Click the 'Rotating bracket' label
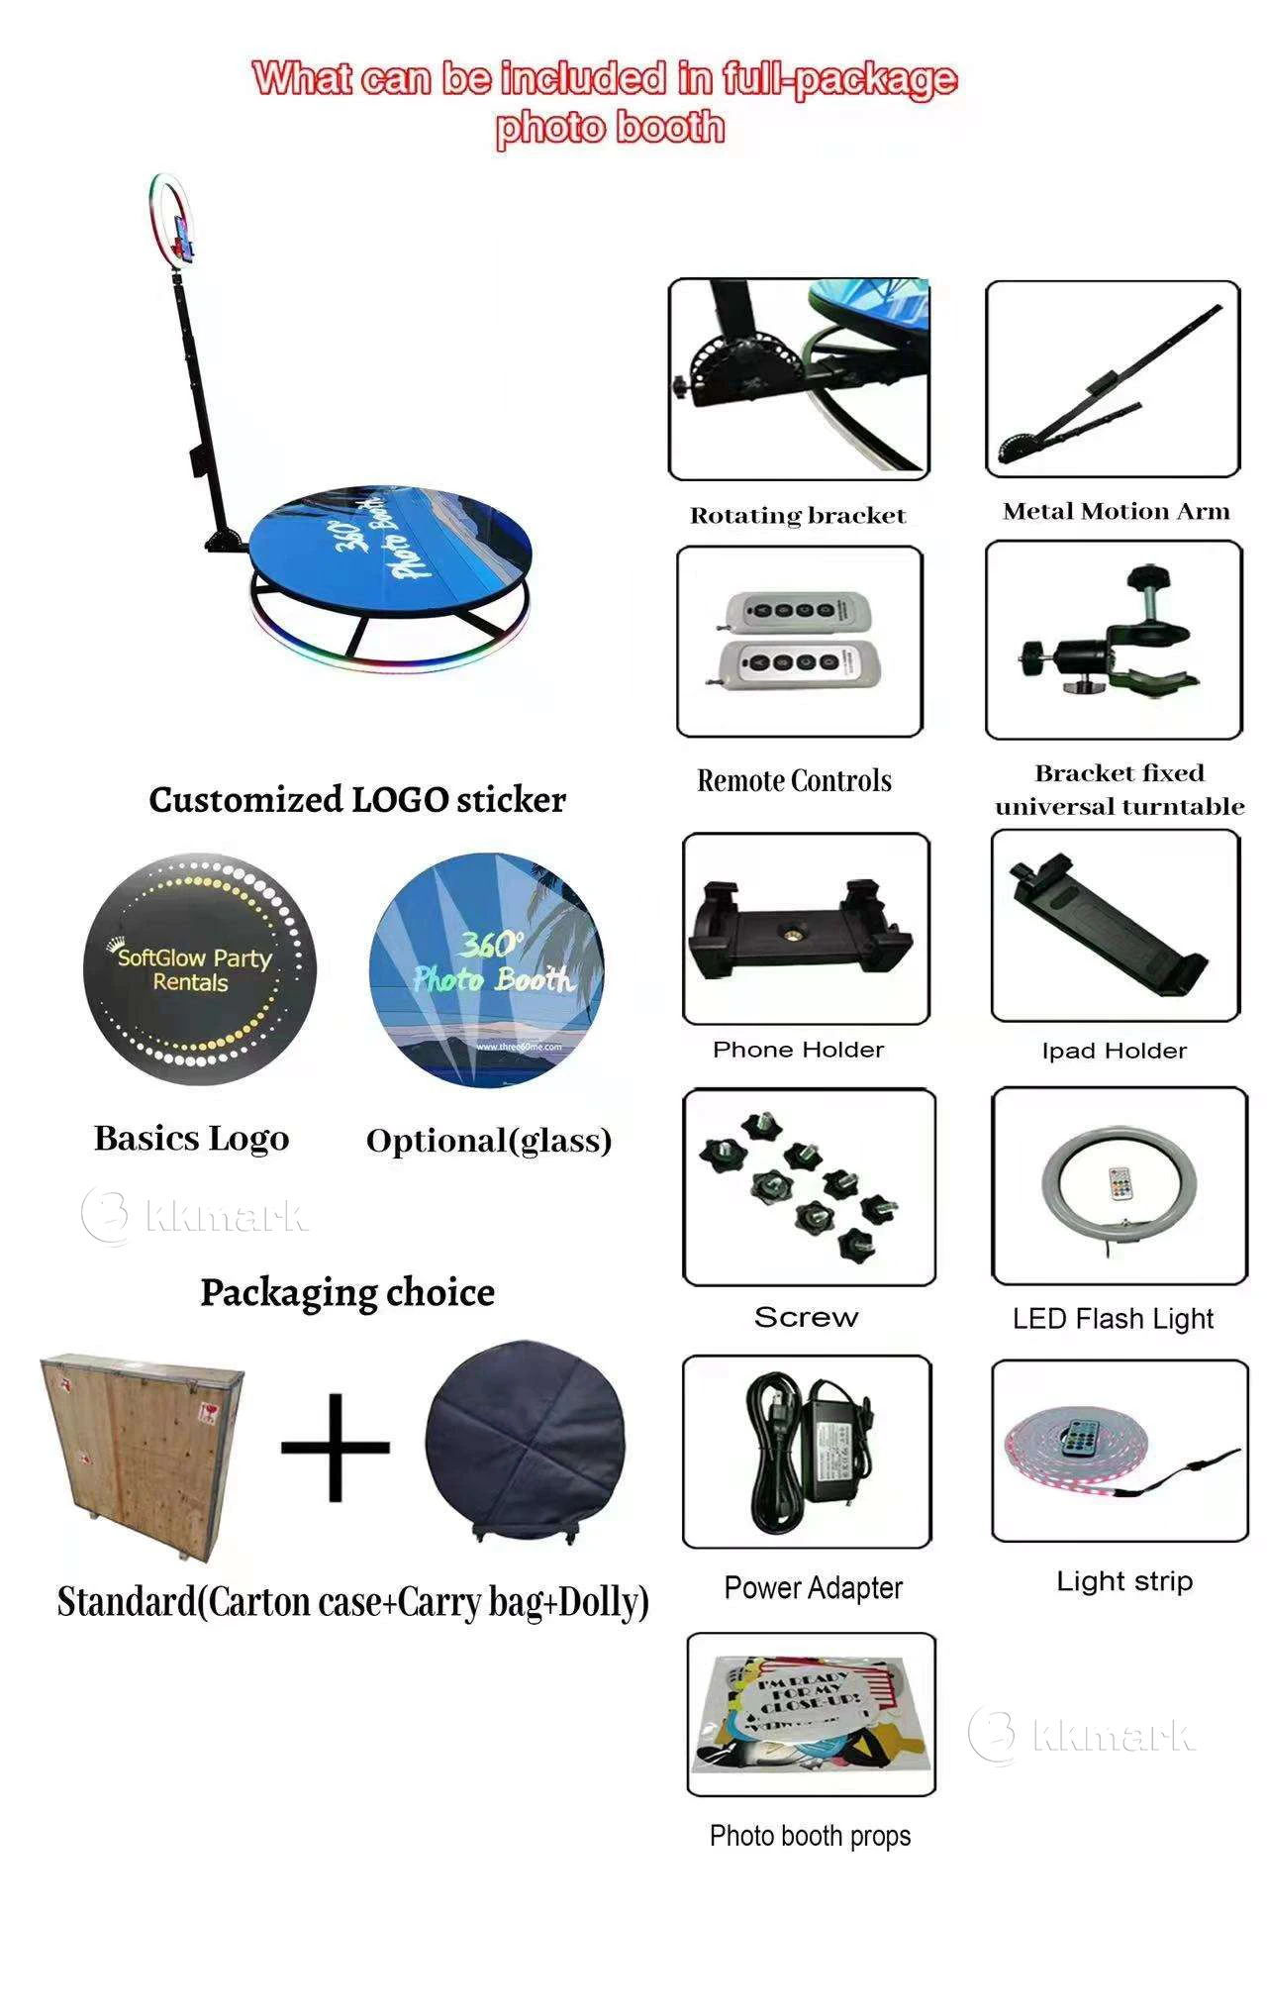point(798,515)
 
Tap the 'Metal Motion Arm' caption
point(1116,511)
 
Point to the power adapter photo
point(807,1451)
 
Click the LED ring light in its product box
point(1118,1186)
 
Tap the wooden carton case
point(143,1451)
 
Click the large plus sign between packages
point(336,1447)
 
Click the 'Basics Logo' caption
point(191,1139)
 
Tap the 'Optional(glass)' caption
point(489,1141)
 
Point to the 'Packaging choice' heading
point(347,1292)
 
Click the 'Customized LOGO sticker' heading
point(357,799)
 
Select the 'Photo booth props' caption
point(810,1836)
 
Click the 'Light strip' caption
point(1124,1581)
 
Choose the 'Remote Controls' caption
point(794,780)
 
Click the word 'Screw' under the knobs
point(806,1317)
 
